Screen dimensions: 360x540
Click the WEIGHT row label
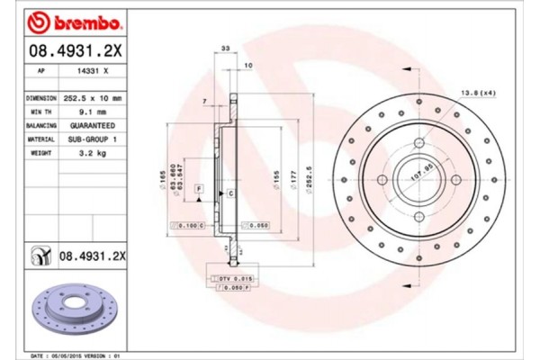pyautogui.click(x=40, y=154)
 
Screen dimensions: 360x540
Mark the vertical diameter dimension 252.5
pyautogui.click(x=310, y=172)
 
